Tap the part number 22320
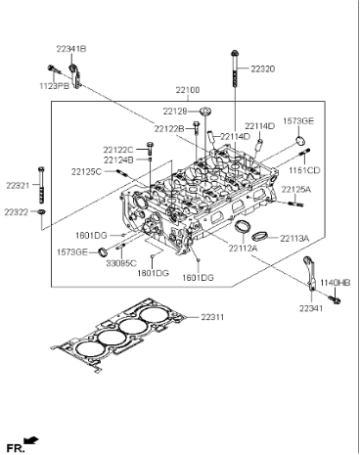pos(263,69)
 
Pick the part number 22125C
pos(86,172)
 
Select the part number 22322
pos(17,211)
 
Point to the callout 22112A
pos(242,249)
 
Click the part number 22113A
pos(293,238)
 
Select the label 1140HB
pos(332,282)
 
